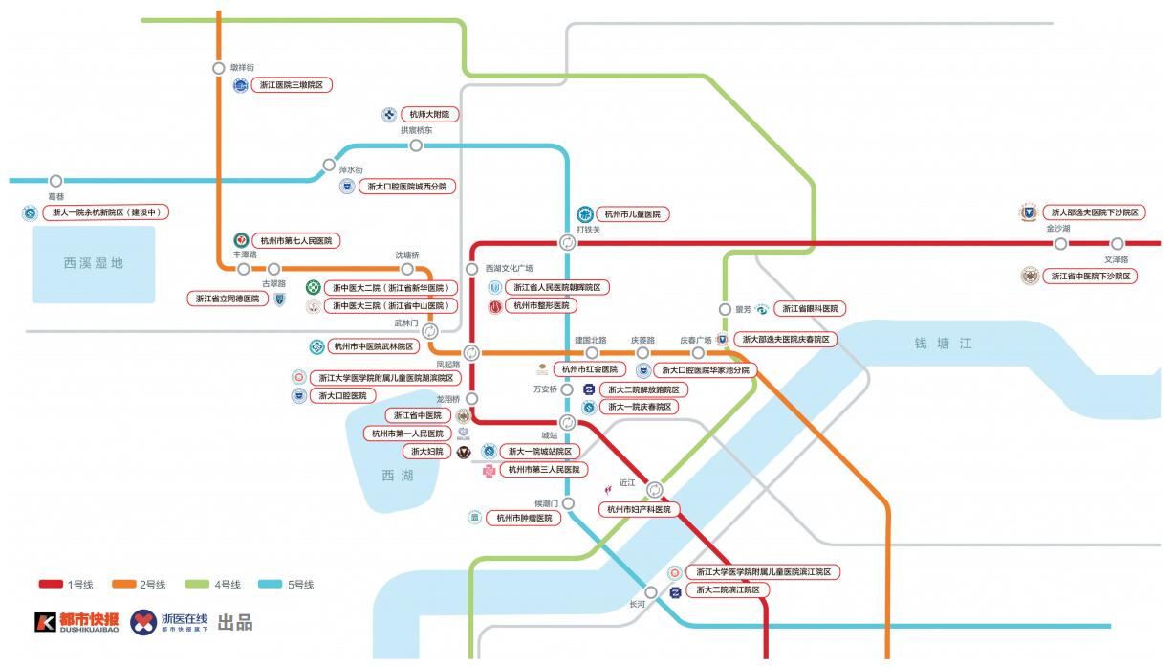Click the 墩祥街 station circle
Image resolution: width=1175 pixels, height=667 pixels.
click(219, 68)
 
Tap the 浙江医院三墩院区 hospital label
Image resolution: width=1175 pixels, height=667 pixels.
click(292, 85)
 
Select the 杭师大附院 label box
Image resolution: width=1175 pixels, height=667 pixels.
click(429, 115)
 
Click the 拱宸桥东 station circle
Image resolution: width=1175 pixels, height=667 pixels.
click(416, 145)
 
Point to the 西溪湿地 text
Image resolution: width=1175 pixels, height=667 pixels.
click(94, 263)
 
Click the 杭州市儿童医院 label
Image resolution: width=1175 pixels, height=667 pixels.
click(633, 214)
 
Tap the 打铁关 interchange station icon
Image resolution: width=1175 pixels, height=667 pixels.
click(567, 243)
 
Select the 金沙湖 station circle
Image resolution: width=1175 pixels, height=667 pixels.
click(1060, 244)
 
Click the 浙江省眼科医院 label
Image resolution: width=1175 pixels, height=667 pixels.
click(810, 309)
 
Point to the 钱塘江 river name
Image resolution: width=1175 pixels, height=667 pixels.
click(943, 344)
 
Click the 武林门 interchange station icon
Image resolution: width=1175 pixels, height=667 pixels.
click(429, 331)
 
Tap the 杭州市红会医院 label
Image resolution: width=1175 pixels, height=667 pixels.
click(590, 369)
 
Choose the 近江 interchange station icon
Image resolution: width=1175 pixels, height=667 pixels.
click(654, 490)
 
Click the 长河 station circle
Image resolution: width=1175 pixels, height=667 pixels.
click(651, 592)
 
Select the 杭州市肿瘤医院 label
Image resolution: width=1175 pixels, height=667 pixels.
click(524, 519)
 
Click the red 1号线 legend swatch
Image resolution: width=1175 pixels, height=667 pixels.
click(51, 584)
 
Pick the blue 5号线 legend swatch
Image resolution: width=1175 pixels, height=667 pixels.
click(271, 584)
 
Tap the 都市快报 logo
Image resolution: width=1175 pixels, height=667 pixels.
click(76, 622)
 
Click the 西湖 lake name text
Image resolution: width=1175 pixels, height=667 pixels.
click(398, 476)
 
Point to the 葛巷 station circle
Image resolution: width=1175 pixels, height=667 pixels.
click(55, 181)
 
